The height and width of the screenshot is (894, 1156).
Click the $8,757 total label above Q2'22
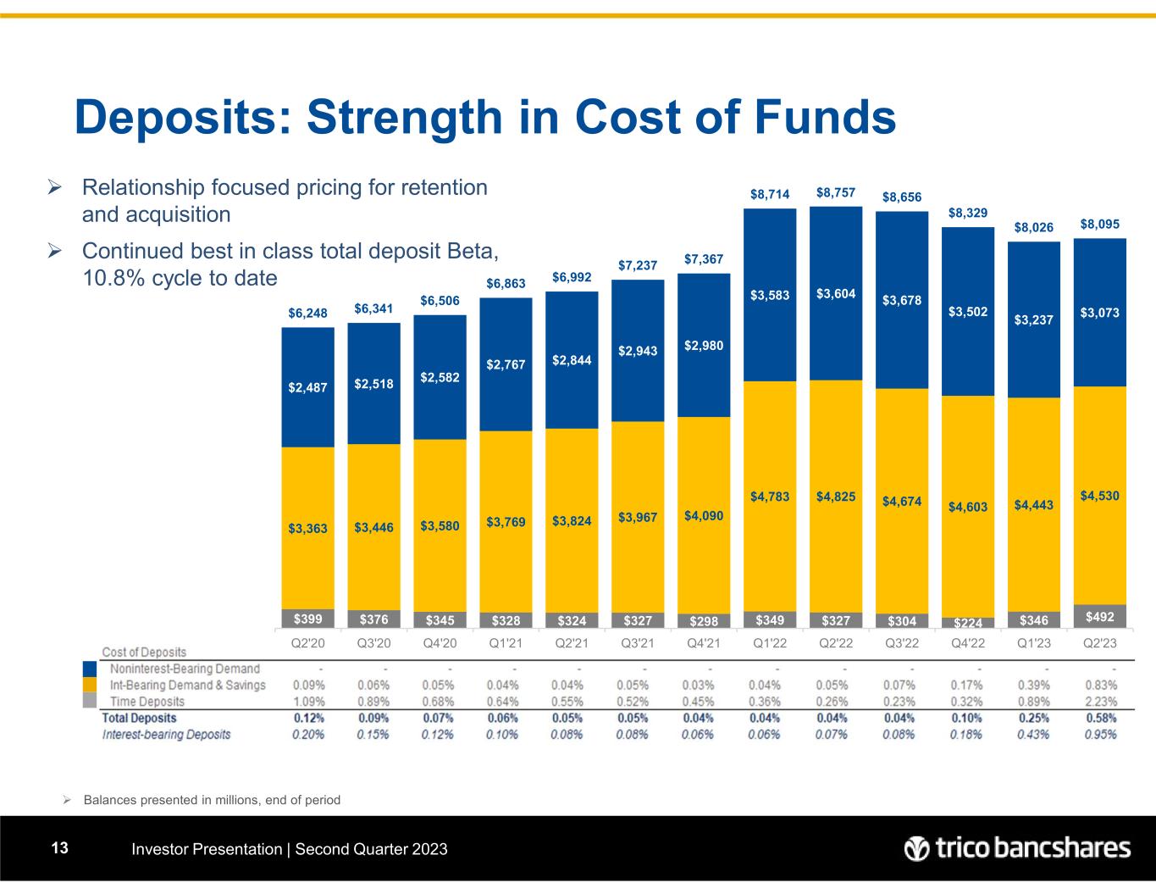pyautogui.click(x=836, y=193)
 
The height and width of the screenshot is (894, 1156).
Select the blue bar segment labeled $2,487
pyautogui.click(x=307, y=387)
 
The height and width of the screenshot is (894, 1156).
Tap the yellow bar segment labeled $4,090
pyautogui.click(x=704, y=513)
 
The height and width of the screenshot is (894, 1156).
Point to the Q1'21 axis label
pyautogui.click(x=506, y=643)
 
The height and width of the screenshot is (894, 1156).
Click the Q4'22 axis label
pyautogui.click(x=967, y=643)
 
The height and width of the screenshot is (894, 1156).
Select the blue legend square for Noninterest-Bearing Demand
pyautogui.click(x=90, y=669)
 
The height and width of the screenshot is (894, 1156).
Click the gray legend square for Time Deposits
pyautogui.click(x=90, y=701)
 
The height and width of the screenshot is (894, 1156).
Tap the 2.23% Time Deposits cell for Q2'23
pyautogui.click(x=1099, y=702)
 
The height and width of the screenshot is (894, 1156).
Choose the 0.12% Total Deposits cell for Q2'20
pyautogui.click(x=308, y=718)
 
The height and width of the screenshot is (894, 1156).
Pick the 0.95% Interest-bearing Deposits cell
pyautogui.click(x=1099, y=734)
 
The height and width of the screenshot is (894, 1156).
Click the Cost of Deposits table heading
pyautogui.click(x=144, y=652)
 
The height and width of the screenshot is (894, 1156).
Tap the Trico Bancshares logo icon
pyautogui.click(x=916, y=848)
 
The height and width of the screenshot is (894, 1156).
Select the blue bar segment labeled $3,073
pyautogui.click(x=1099, y=313)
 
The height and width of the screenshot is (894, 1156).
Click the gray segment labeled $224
pyautogui.click(x=967, y=623)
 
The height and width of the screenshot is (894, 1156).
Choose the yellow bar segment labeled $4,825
pyautogui.click(x=836, y=496)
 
